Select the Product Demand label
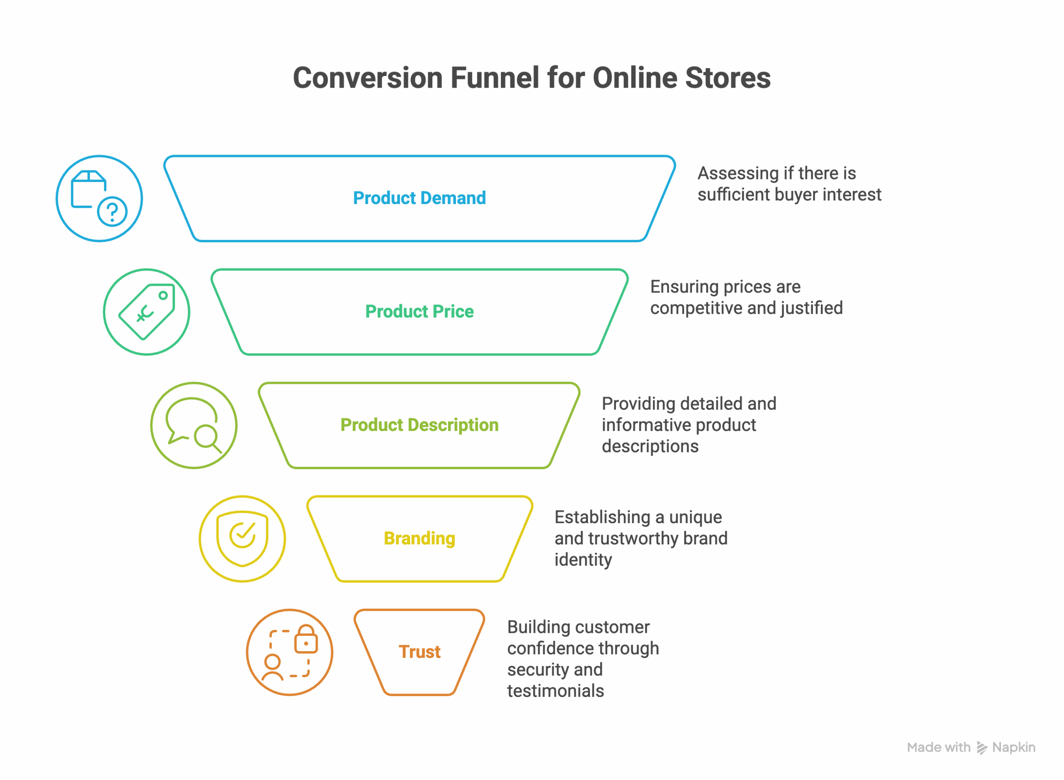point(419,198)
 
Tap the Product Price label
point(419,312)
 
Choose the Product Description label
point(419,425)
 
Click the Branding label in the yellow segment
point(419,538)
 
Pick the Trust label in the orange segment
point(419,652)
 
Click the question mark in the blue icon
point(112,212)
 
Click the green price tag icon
point(147,312)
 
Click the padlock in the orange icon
point(306,640)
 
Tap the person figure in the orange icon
point(273,667)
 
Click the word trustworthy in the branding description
point(632,538)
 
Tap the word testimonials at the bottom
point(555,691)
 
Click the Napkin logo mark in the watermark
point(981,748)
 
